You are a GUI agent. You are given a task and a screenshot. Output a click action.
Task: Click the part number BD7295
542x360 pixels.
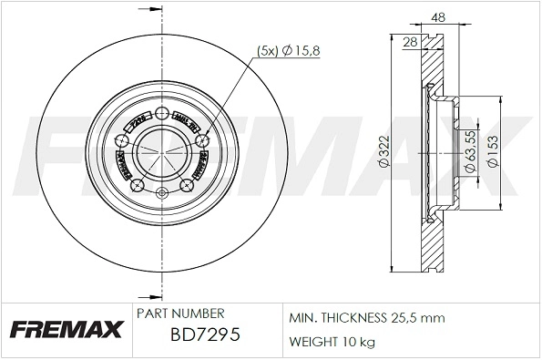(206, 336)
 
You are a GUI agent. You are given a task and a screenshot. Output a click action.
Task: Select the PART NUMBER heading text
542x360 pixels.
(174, 312)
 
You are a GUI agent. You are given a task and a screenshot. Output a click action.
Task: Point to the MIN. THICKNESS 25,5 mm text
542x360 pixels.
(366, 318)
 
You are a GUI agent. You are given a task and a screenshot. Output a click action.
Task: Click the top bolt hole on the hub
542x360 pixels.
(161, 114)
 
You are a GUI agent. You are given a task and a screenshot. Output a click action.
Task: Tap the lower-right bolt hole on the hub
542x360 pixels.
(187, 186)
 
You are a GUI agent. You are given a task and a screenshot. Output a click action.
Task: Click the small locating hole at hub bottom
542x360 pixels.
(161, 192)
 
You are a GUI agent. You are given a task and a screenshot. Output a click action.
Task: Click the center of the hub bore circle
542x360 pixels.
(161, 151)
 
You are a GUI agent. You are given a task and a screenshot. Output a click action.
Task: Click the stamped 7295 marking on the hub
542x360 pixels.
(138, 119)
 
